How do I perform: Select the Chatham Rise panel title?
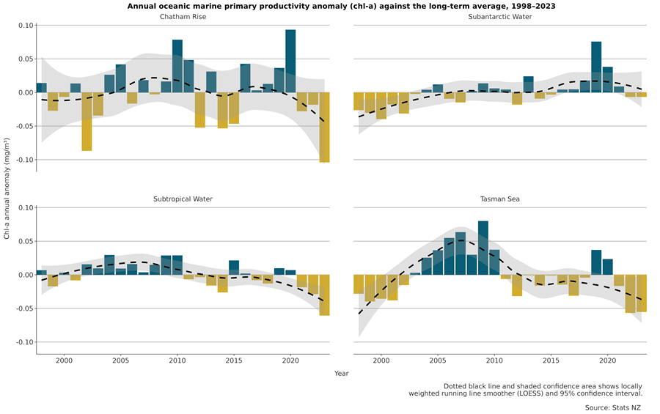point(183,17)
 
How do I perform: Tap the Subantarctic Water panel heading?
point(500,17)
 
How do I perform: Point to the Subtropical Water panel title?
point(183,199)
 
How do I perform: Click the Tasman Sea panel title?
point(500,199)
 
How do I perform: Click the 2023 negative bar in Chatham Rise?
point(324,127)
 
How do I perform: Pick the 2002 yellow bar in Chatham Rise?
point(87,121)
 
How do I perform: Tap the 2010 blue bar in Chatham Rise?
point(177,66)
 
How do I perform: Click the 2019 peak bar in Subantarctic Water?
point(596,67)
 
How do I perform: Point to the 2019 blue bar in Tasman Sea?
point(596,262)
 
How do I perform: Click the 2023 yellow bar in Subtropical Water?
point(324,295)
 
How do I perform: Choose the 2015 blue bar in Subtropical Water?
point(234,267)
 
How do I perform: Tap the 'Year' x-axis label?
point(342,374)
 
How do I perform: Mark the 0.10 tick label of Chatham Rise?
point(26,26)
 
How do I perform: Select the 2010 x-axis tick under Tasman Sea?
point(494,361)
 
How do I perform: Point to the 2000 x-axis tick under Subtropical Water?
point(64,361)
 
